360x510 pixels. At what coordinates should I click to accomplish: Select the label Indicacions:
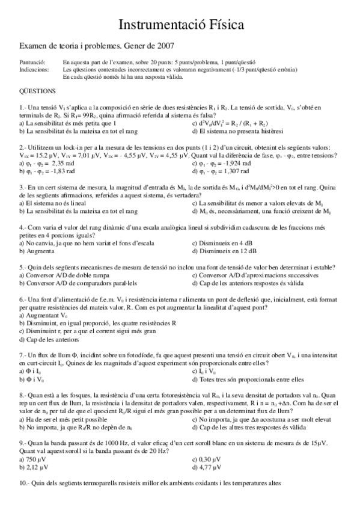(34, 69)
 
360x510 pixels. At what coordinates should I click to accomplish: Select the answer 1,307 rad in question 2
(231, 171)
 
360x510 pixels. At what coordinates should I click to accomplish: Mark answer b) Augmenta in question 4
(39, 251)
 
